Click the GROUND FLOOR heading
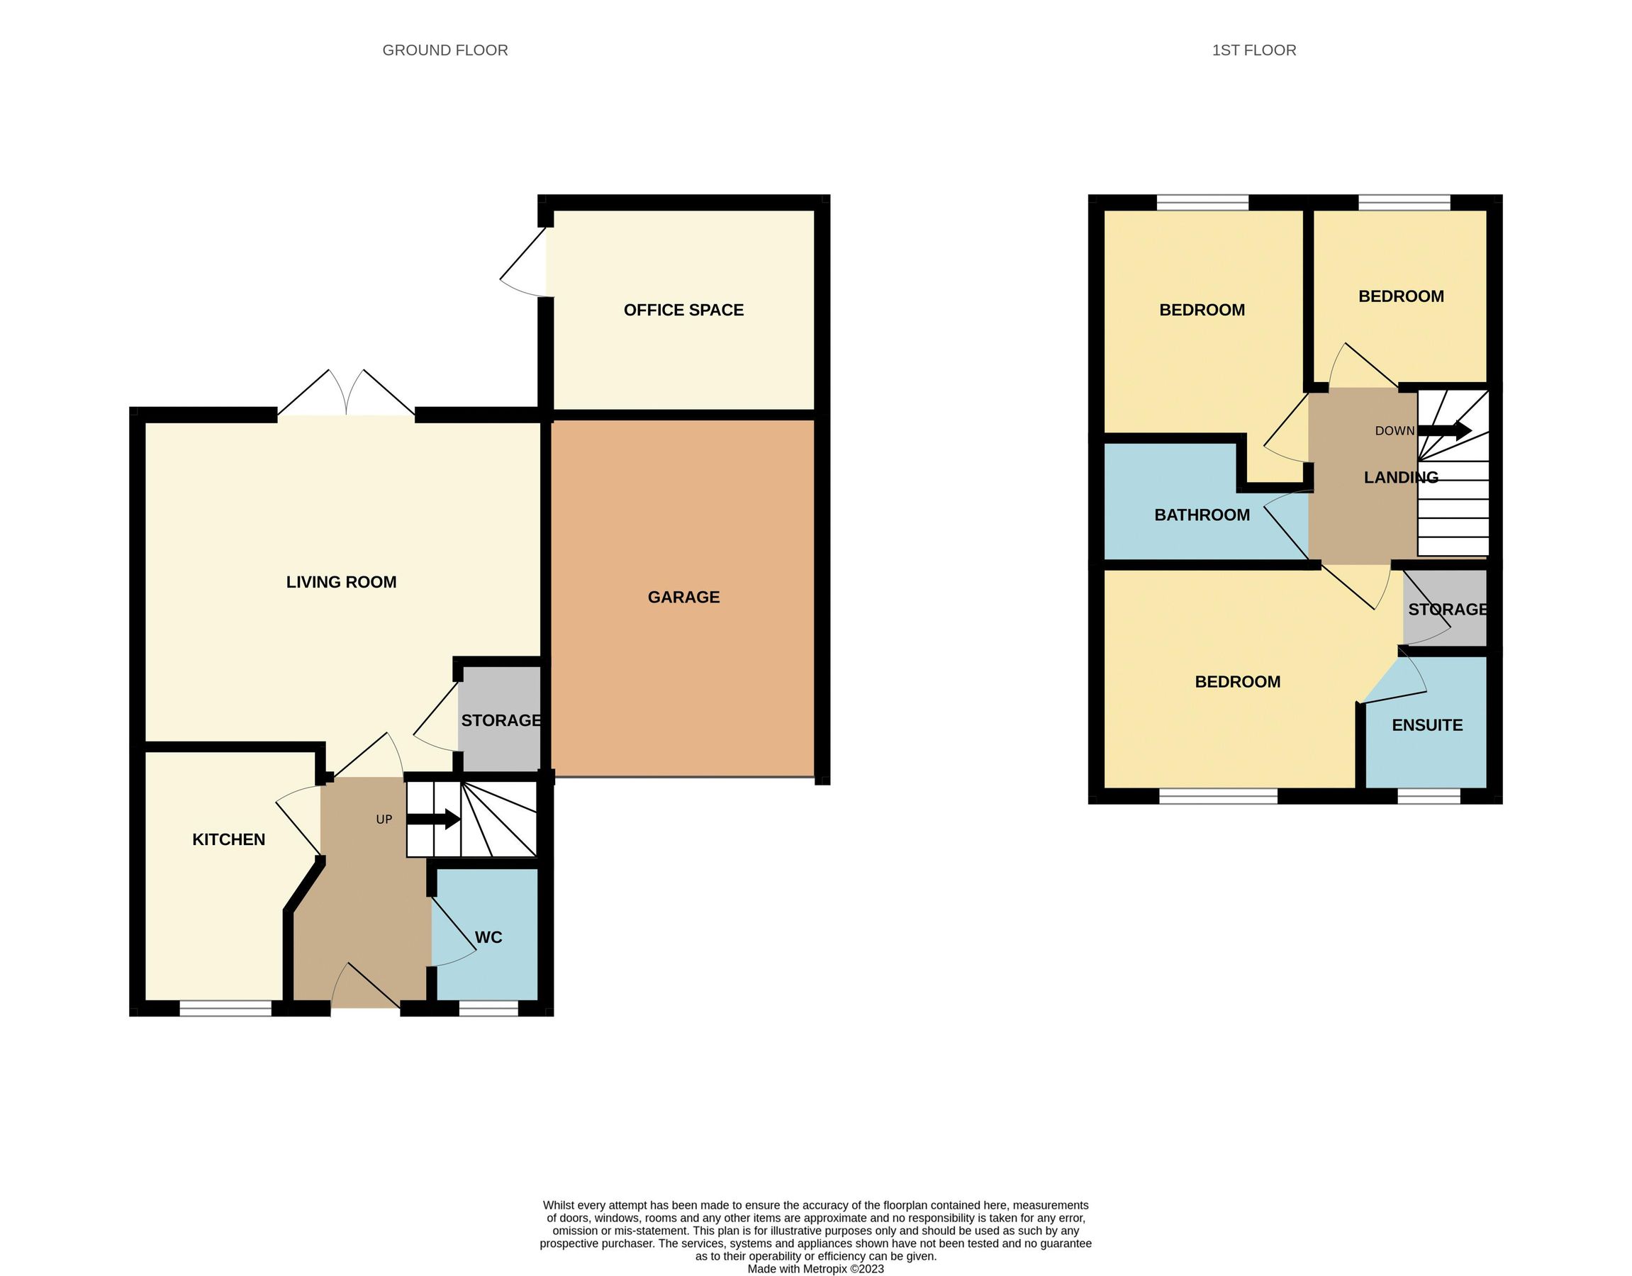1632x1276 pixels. click(445, 50)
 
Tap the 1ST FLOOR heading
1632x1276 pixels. click(1254, 50)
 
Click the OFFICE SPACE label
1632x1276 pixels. click(683, 310)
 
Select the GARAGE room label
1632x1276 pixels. click(683, 597)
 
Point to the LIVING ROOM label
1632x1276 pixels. click(341, 582)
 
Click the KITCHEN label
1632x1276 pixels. click(229, 840)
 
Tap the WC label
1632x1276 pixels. click(488, 938)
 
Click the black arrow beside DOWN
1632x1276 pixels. click(1445, 431)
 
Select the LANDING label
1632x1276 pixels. click(1400, 477)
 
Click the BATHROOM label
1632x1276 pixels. click(1202, 515)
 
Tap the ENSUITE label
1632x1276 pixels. click(1426, 725)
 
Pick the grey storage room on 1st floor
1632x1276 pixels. click(1445, 609)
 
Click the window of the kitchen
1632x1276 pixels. click(225, 1009)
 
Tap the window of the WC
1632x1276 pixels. click(488, 1009)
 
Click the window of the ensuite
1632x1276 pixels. click(1428, 796)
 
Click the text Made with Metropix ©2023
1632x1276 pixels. click(815, 1268)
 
